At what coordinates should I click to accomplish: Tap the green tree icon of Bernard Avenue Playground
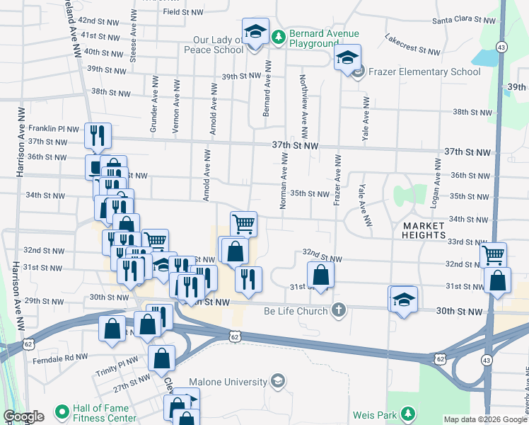tap(279, 35)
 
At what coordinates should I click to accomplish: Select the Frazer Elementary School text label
tap(417, 72)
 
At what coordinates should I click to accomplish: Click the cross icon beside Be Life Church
tap(339, 310)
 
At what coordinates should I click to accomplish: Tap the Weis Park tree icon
tap(408, 413)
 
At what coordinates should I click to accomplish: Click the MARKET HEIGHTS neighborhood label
tap(424, 229)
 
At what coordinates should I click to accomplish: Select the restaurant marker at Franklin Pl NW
tap(97, 136)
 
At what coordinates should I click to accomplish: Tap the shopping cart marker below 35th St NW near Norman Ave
tap(243, 224)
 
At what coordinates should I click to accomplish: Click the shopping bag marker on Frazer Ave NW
tap(320, 275)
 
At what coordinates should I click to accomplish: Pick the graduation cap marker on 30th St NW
tap(403, 300)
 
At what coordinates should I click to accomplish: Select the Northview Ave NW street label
tap(304, 106)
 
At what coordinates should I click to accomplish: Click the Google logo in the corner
tap(23, 416)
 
